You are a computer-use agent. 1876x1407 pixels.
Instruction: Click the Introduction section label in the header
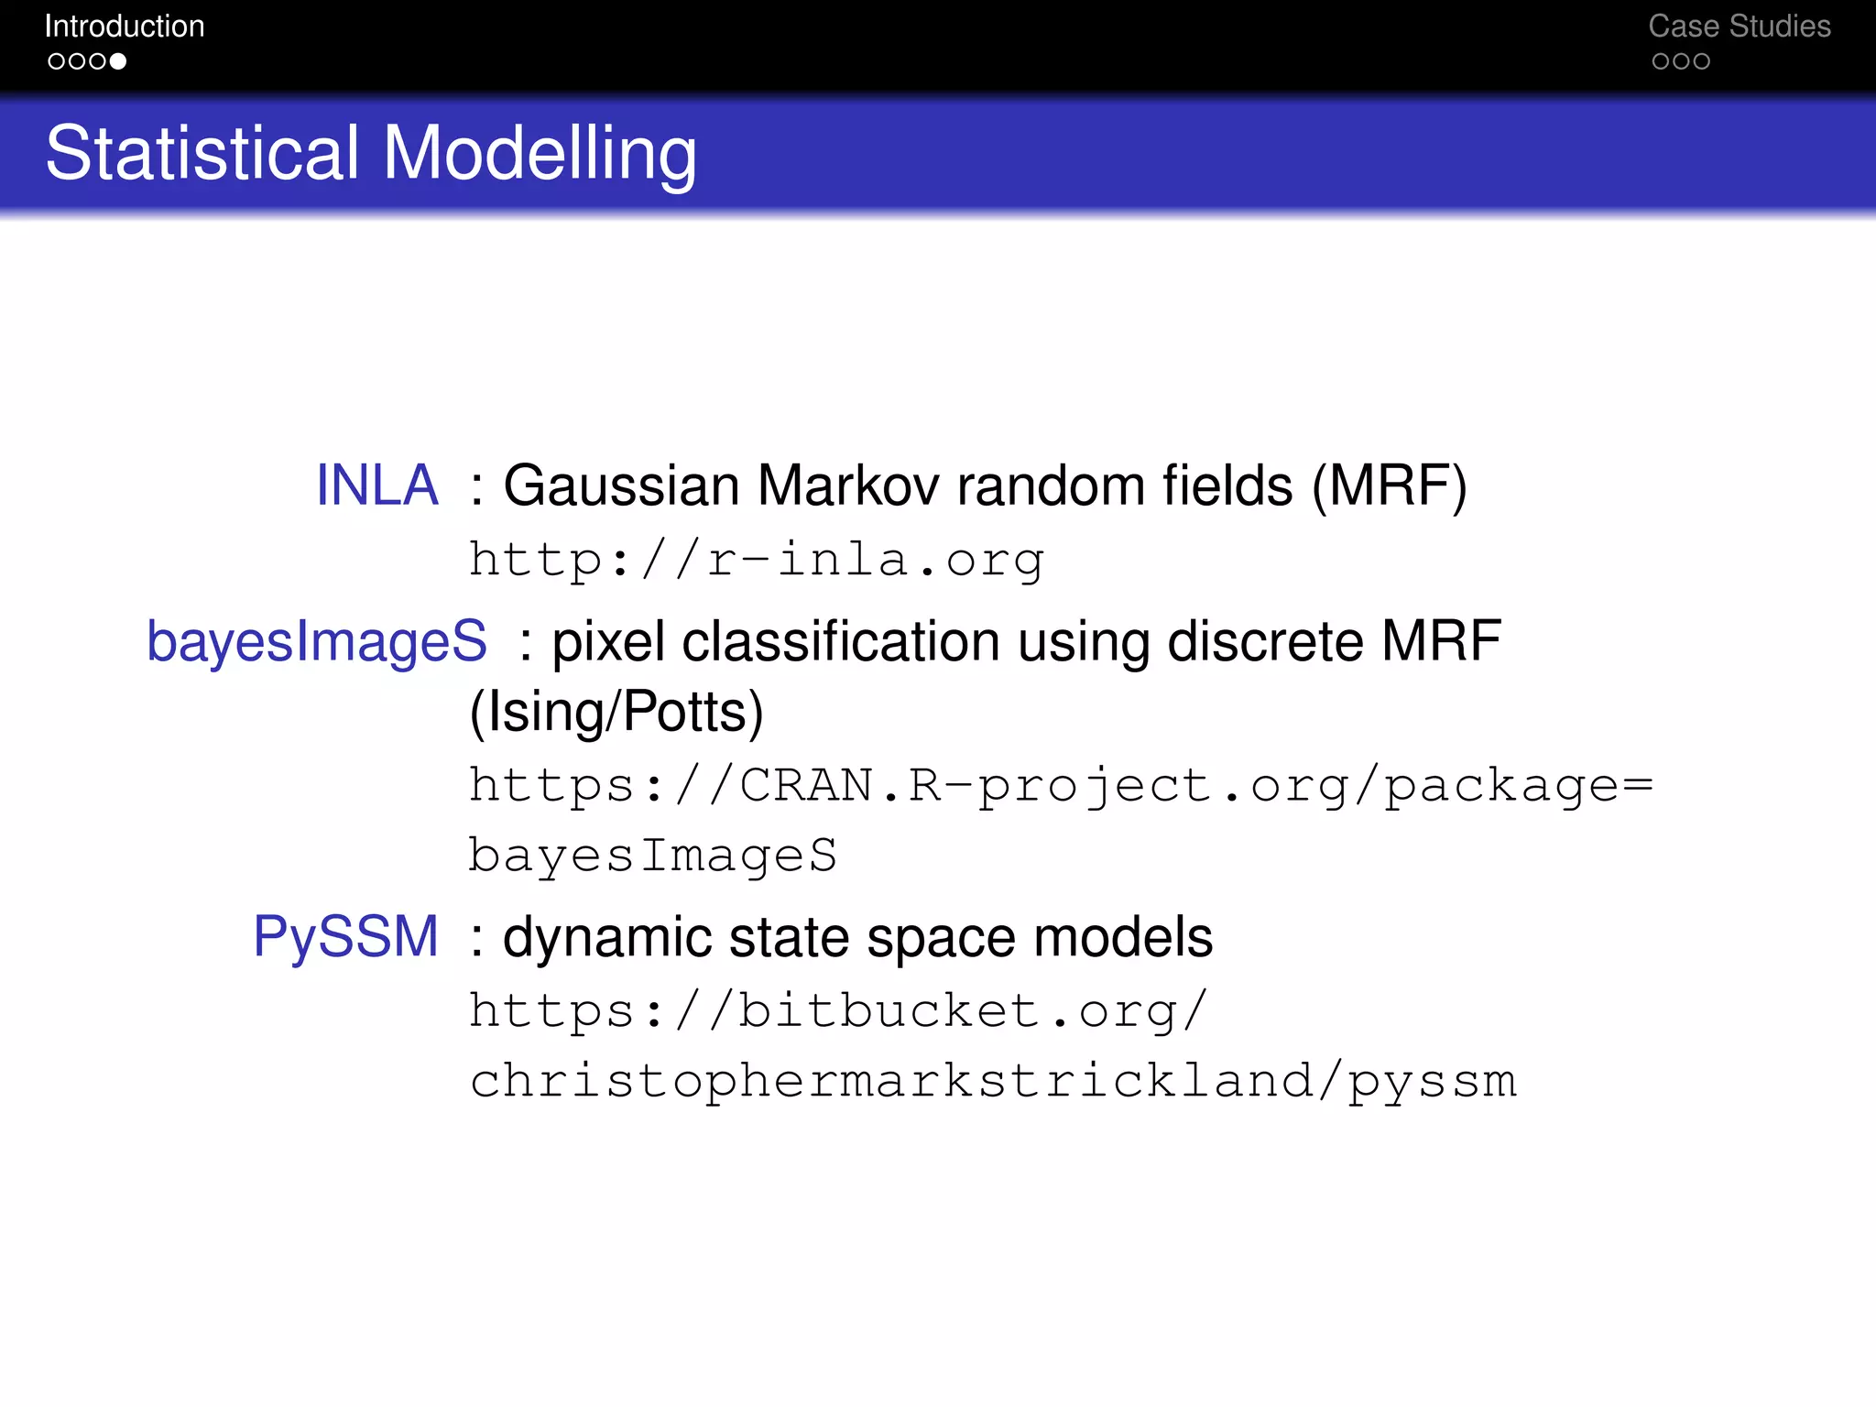point(125,27)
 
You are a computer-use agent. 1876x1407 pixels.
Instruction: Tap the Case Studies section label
point(1739,27)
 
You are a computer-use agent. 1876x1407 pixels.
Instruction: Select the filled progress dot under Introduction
point(118,61)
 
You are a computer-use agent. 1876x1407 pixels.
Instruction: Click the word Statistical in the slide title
point(202,153)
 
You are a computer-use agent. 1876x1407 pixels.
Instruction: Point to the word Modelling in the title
point(540,153)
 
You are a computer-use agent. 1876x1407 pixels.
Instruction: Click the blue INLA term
point(376,485)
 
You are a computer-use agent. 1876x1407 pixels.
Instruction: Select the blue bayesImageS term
point(317,640)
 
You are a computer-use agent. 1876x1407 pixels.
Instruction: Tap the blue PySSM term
point(346,936)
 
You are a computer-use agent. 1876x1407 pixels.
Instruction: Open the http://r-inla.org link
point(757,560)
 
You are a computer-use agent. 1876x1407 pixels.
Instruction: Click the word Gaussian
point(621,485)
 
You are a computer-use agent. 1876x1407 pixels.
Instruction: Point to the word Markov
point(848,485)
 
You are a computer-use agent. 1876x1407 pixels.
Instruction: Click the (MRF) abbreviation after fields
point(1389,485)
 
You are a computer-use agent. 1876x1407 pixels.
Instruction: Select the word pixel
point(608,640)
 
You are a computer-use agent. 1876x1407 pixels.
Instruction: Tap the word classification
point(841,640)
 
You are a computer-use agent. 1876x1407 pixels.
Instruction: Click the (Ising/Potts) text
point(616,712)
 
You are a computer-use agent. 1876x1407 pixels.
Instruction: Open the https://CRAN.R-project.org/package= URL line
point(1061,785)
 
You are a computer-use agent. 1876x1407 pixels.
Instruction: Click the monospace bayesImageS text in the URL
point(652,856)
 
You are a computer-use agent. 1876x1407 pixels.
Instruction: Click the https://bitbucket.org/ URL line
point(838,1010)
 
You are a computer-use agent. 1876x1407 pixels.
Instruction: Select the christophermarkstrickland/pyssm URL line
point(993,1081)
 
